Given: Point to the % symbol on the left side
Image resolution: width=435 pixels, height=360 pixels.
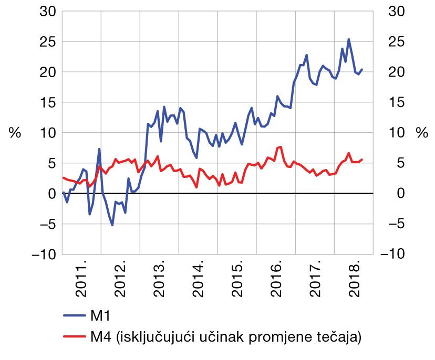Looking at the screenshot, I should [x=15, y=133].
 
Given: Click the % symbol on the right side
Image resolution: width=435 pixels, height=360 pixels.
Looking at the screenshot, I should [x=422, y=133].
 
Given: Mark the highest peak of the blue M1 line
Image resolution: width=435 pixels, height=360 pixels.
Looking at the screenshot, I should [x=349, y=39].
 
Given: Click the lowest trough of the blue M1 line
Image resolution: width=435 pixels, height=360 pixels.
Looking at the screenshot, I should [x=112, y=225].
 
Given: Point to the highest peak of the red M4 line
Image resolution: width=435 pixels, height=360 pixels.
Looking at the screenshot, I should [x=281, y=147].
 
